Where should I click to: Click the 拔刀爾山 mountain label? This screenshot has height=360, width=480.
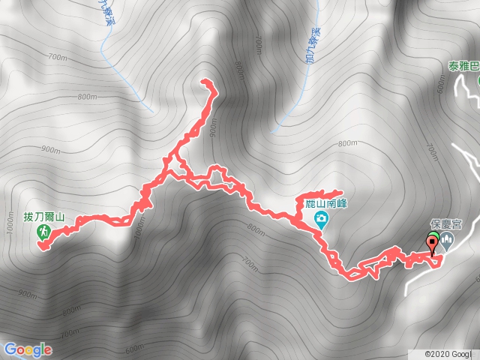tap(44, 218)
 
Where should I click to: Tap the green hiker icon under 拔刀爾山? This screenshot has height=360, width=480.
tap(44, 233)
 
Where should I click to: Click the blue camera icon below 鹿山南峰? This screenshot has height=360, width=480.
tap(321, 218)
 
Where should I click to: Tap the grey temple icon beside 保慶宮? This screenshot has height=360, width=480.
tap(448, 241)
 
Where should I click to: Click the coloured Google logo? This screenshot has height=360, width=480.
tap(28, 349)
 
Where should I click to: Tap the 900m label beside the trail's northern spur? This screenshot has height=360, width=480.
tap(214, 127)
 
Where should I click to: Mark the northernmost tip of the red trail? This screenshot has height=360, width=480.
tap(206, 82)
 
